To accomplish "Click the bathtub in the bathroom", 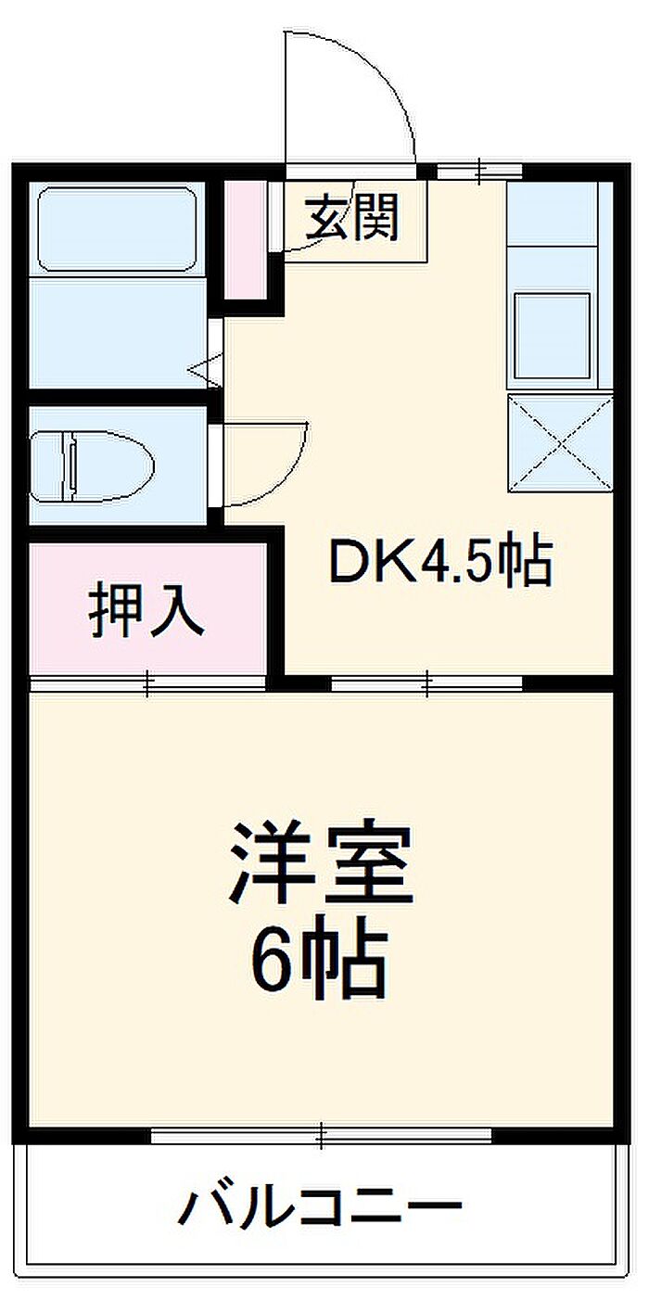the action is [117, 229].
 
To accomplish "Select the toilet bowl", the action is [108, 466].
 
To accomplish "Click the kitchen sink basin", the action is [553, 337].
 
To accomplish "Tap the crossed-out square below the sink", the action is [560, 443].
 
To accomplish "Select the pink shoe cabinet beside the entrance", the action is [246, 240].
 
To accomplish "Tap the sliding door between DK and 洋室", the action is [427, 684].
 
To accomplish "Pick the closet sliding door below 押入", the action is [148, 684].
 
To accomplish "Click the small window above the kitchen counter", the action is [479, 172].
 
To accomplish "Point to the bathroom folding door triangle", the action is [204, 368].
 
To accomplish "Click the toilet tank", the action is [45, 466].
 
